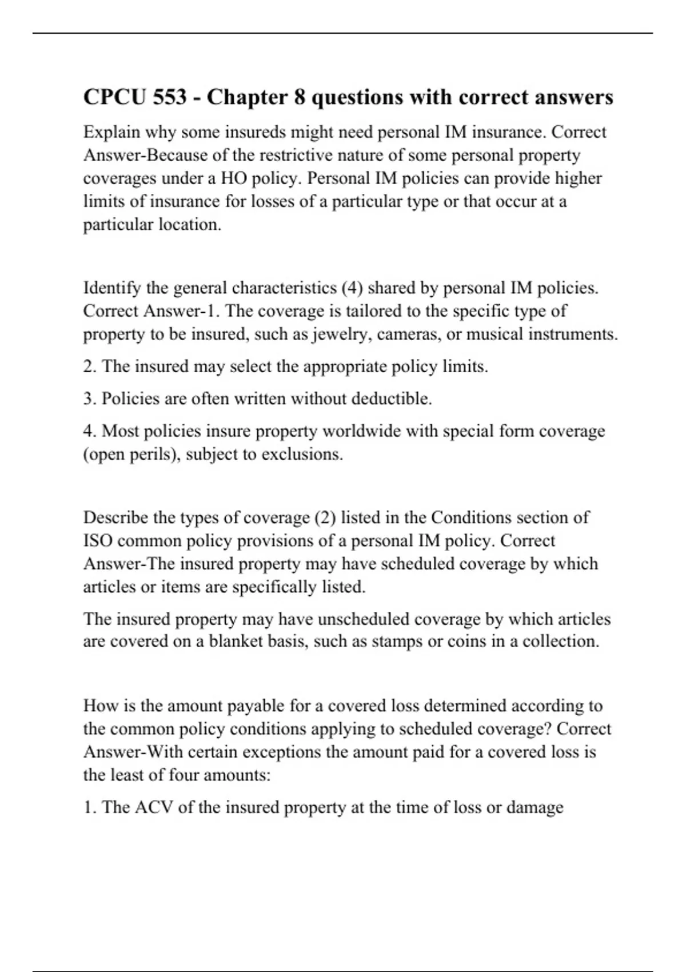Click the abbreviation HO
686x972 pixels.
(x=234, y=178)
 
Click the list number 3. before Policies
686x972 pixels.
(x=90, y=399)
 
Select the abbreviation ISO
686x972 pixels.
(x=97, y=541)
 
